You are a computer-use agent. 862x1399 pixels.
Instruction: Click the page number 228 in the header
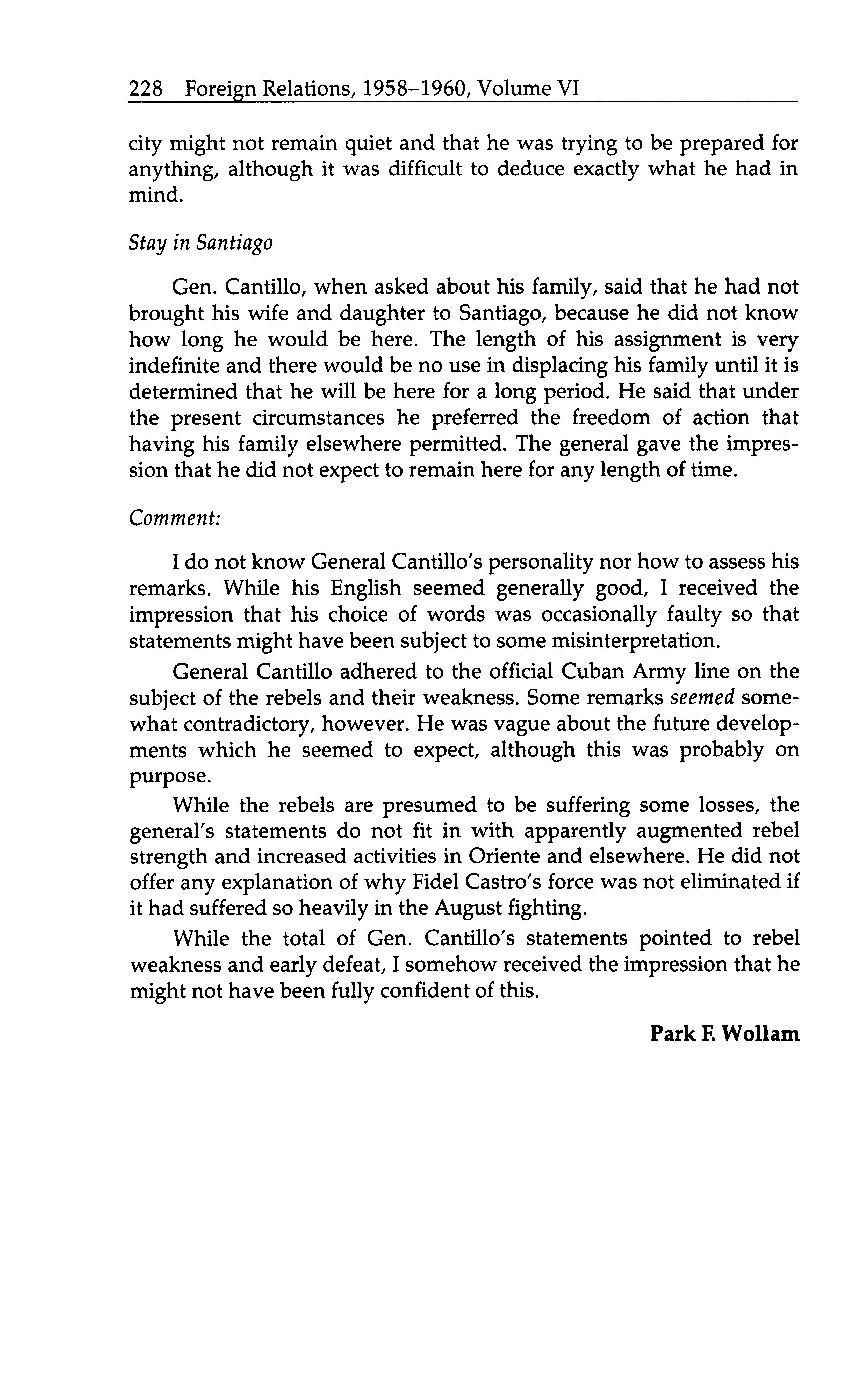click(146, 89)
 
